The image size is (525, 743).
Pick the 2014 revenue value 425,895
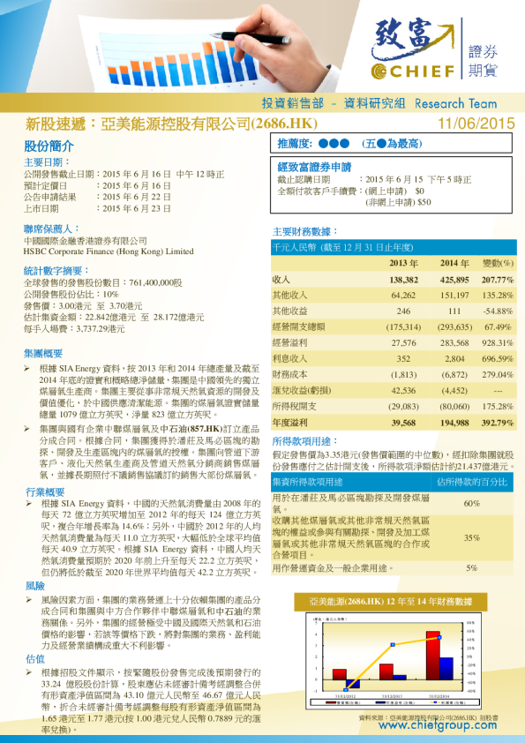(454, 279)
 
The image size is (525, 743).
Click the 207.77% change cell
(497, 279)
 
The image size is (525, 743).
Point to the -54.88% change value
(498, 311)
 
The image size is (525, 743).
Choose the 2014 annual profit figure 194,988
(454, 424)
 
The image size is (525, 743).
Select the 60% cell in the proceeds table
(471, 503)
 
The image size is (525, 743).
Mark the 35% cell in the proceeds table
(471, 537)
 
